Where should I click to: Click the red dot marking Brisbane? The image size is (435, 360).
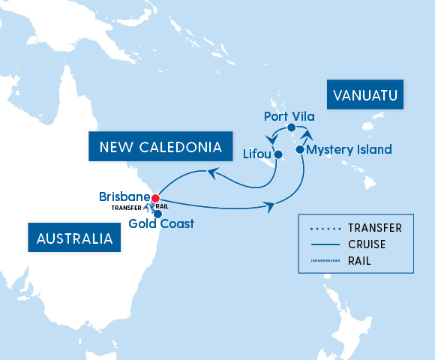[154, 199]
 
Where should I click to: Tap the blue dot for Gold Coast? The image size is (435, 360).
[157, 214]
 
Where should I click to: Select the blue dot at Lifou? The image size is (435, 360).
[277, 155]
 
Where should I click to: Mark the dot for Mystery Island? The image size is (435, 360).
[300, 150]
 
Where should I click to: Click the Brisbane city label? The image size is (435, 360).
[124, 197]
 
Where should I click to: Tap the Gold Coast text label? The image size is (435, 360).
[161, 223]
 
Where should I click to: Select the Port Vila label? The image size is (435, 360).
[289, 116]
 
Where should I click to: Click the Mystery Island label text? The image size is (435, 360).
[349, 150]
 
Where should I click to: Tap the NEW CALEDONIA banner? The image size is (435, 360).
[155, 146]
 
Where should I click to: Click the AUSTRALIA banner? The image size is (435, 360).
[75, 239]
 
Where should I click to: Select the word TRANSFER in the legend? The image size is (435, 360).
[374, 228]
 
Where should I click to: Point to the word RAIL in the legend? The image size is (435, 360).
[359, 261]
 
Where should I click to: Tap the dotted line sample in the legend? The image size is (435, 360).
[323, 228]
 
